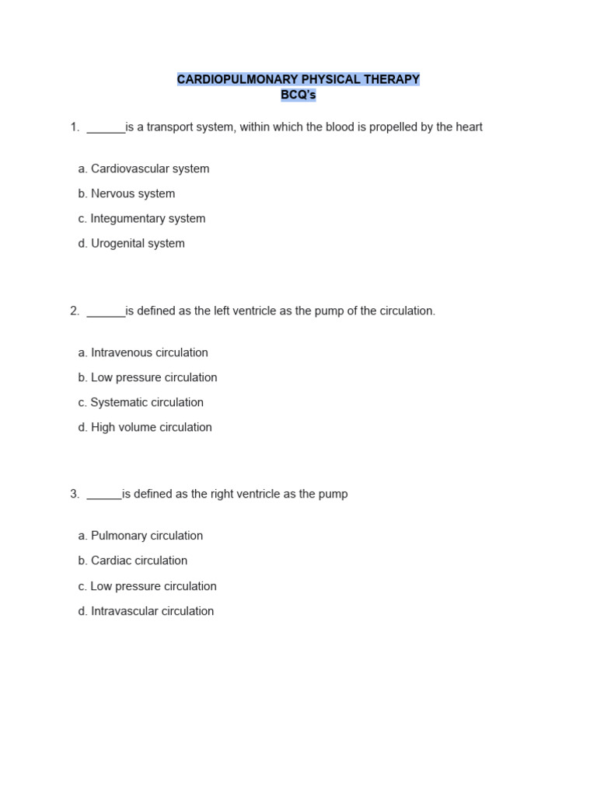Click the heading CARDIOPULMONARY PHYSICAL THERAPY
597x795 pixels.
click(298, 79)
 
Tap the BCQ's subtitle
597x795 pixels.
click(298, 95)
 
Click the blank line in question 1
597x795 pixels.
click(106, 130)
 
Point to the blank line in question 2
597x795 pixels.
click(106, 314)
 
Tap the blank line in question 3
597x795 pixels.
click(104, 498)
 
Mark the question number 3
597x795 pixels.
click(74, 494)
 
